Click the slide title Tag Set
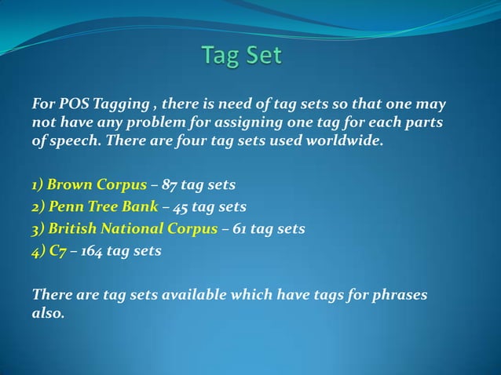[241, 56]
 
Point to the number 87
[170, 185]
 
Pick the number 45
[179, 207]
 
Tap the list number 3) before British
[38, 229]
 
